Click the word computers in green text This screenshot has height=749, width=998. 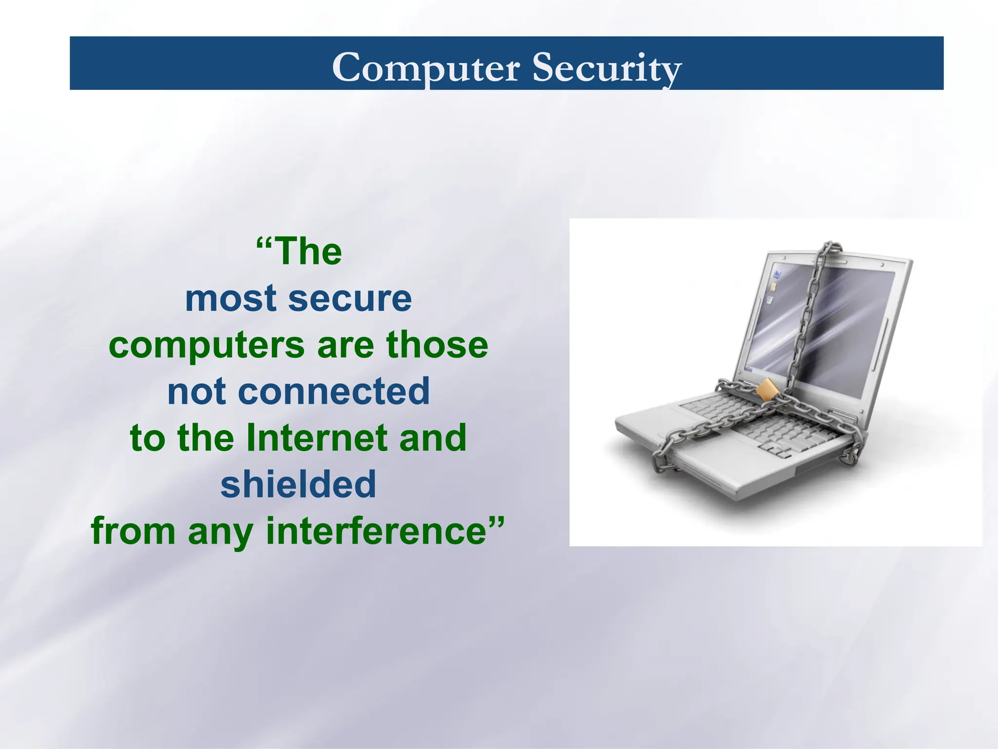207,345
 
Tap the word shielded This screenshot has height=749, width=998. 298,484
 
